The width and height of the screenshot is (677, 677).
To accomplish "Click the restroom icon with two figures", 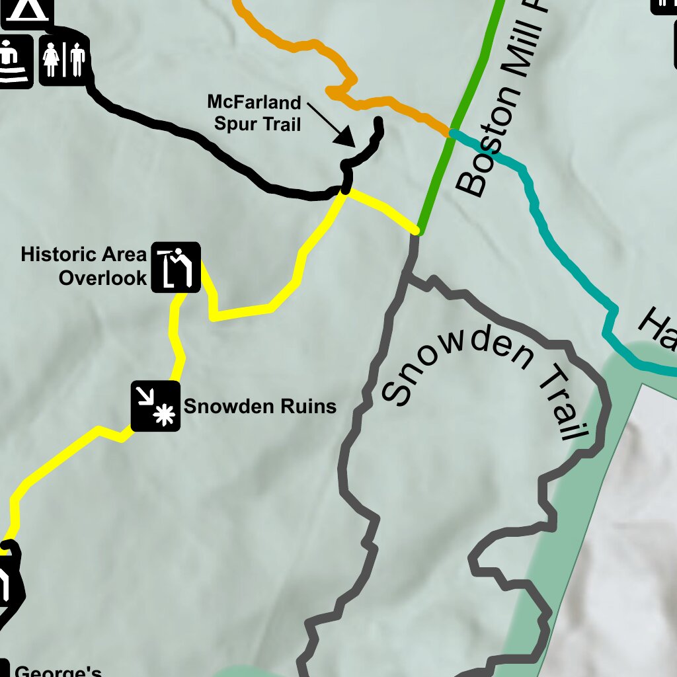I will (x=64, y=60).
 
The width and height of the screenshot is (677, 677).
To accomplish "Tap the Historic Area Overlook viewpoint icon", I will (x=176, y=267).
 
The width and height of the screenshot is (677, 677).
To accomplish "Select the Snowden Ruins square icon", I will (x=155, y=406).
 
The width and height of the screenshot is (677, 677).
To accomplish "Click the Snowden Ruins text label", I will (x=260, y=406).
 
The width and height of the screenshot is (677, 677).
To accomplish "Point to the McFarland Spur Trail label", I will (x=255, y=113).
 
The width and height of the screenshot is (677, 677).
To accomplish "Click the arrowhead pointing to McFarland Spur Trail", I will (x=345, y=137).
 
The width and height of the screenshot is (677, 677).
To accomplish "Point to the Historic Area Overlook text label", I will (x=84, y=266).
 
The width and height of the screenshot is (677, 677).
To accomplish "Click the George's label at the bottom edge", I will (x=58, y=671).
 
